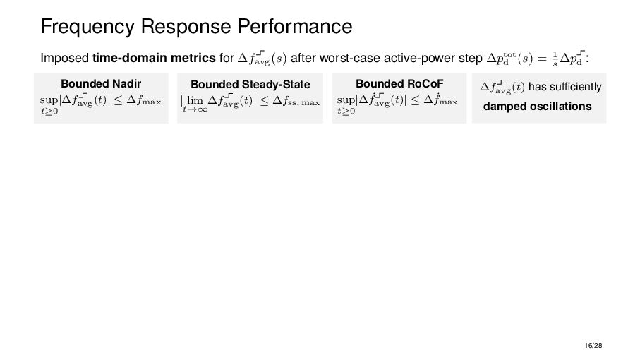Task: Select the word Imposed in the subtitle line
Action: point(65,57)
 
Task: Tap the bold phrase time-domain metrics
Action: point(154,57)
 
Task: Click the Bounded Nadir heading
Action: point(101,84)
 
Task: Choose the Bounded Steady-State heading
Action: point(250,85)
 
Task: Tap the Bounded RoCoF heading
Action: point(399,84)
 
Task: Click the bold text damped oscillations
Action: point(537,107)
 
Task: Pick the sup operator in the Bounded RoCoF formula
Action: point(345,102)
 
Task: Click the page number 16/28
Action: point(593,346)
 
